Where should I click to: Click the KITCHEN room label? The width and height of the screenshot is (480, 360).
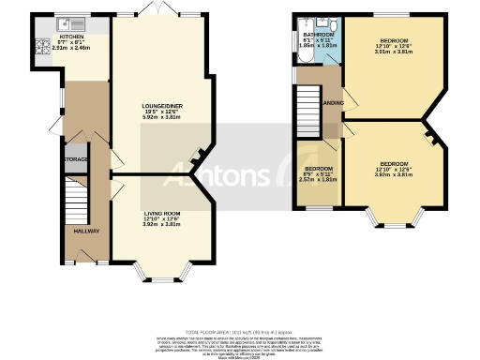coord(72,37)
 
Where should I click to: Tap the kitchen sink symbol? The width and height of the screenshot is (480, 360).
coord(73,22)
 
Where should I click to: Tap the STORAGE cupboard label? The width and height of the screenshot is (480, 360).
coord(76,160)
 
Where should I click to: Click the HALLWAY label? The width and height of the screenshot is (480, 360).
coord(80,230)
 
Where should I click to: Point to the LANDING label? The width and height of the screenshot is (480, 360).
coord(331,102)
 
